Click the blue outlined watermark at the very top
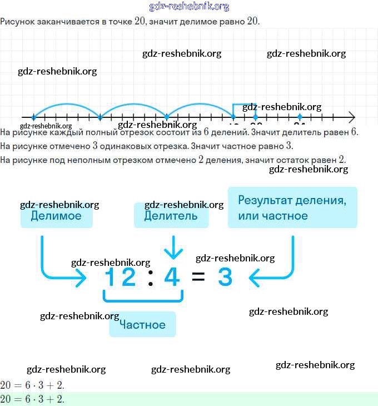click(189, 7)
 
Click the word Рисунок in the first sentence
click(17, 22)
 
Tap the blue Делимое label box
click(56, 216)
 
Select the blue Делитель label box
click(171, 216)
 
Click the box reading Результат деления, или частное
click(292, 207)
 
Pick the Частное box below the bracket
click(142, 324)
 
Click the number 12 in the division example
click(120, 276)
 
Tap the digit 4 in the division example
click(172, 276)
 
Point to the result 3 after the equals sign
click(225, 276)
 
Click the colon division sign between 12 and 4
click(150, 277)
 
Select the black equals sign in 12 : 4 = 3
click(198, 276)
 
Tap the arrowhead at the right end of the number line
click(351, 117)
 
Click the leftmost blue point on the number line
click(34, 117)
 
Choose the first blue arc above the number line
click(67, 106)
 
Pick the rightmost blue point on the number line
click(300, 117)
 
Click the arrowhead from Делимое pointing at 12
click(80, 277)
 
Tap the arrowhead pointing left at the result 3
click(254, 277)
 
